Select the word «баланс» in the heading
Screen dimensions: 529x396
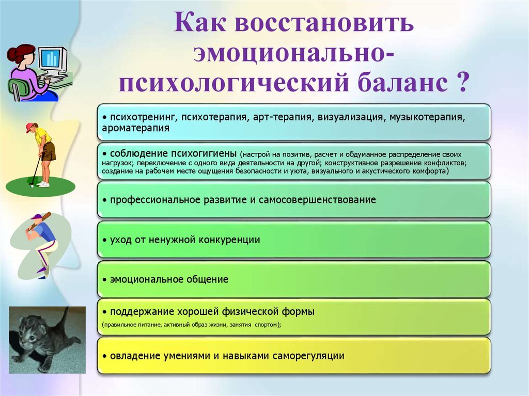(402, 83)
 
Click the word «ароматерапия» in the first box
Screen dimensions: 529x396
(136, 128)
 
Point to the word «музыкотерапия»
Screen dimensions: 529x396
(427, 117)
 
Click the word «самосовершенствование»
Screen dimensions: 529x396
(317, 200)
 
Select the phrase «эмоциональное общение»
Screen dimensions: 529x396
(169, 279)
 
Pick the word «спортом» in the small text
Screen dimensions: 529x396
(267, 325)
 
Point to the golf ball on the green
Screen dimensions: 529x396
(32, 186)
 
